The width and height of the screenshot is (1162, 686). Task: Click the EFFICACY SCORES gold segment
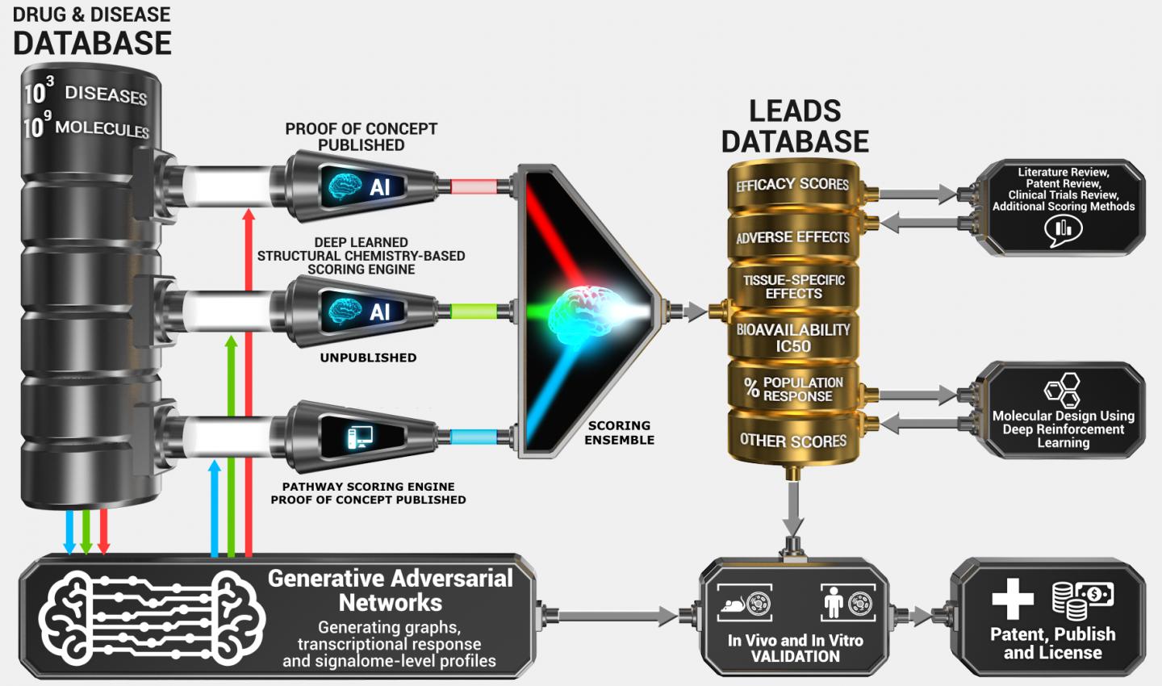(792, 185)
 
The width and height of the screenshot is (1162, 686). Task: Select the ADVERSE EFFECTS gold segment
(792, 237)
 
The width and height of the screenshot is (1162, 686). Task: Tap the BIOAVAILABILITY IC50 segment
(792, 337)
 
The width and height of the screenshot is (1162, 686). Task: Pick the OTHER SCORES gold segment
(792, 441)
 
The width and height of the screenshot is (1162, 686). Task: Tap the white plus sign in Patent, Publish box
(1013, 599)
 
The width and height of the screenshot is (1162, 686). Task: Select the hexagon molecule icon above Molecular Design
(1062, 391)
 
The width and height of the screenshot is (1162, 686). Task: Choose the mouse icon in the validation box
(734, 604)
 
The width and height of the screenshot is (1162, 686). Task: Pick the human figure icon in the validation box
(834, 602)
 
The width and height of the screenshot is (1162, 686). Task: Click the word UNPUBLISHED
(368, 358)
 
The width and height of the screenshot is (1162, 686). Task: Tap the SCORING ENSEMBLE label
(619, 433)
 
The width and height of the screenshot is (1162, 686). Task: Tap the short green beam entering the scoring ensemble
(472, 312)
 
